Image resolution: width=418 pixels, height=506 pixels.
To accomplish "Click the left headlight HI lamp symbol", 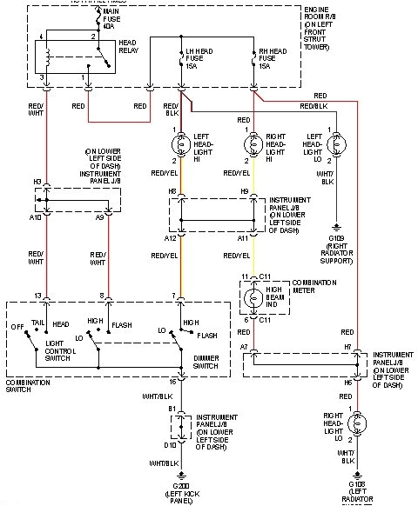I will point(181,141).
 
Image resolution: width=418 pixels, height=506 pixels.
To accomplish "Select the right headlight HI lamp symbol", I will point(253,141).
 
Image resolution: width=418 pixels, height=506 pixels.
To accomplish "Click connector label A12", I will point(172,237).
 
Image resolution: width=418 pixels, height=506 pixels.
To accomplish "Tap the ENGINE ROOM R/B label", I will point(326,22).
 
